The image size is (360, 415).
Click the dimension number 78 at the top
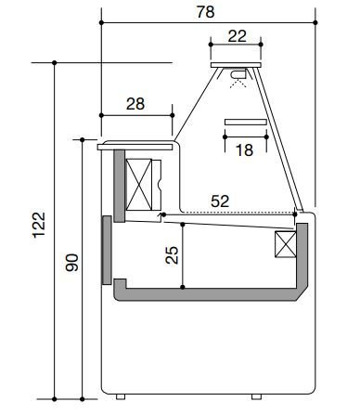(x=205, y=12)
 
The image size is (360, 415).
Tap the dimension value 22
(x=238, y=36)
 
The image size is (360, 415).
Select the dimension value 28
(x=135, y=104)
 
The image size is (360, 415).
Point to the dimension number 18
(x=244, y=150)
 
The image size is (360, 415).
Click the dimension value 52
(x=220, y=201)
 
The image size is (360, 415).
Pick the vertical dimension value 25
(x=172, y=255)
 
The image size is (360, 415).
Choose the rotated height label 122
(x=39, y=225)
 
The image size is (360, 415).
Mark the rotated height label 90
(x=71, y=263)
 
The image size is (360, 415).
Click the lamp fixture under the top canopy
(x=238, y=74)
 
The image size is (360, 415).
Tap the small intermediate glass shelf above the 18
(x=246, y=122)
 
